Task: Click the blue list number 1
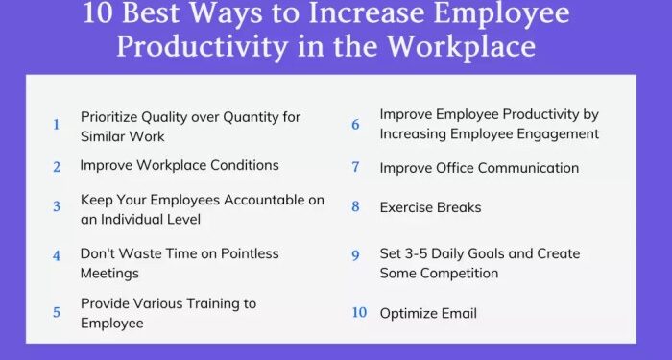pos(56,125)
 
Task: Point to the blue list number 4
pos(57,256)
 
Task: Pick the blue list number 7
pos(355,168)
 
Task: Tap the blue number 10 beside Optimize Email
pos(359,313)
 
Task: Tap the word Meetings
pos(109,273)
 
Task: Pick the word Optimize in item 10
pos(410,313)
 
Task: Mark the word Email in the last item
pos(460,313)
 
